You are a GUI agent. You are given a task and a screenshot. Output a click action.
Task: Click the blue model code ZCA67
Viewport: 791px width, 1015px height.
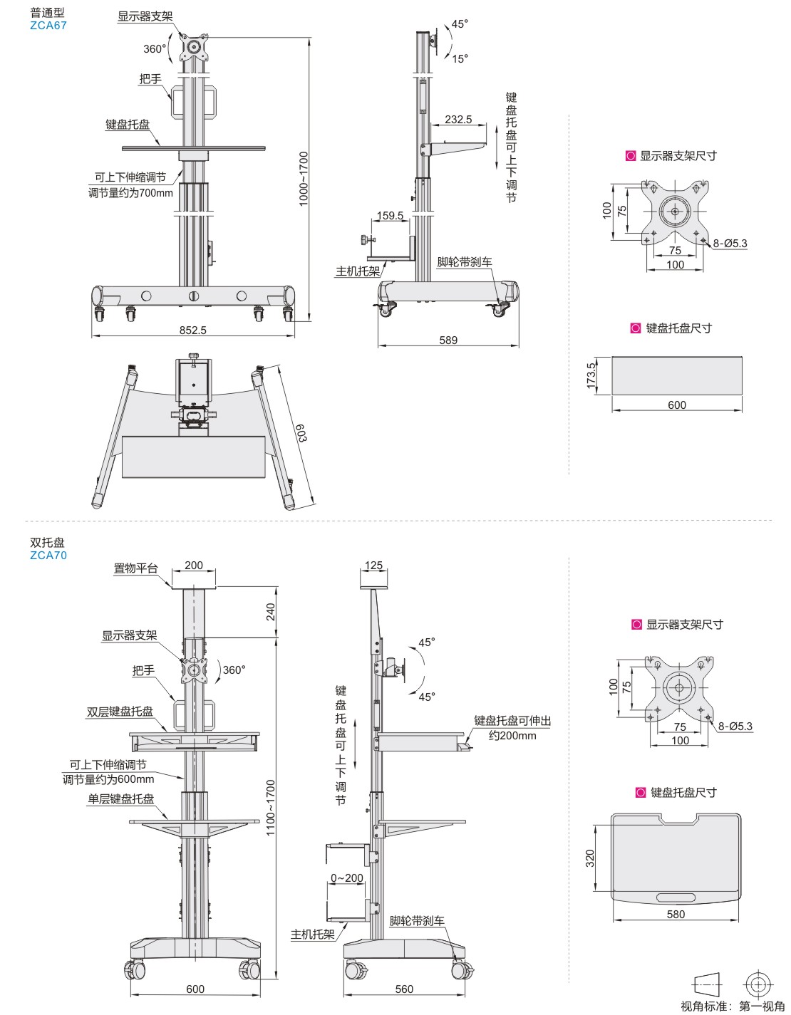48,25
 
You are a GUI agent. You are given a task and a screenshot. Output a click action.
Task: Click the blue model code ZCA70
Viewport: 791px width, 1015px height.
48,555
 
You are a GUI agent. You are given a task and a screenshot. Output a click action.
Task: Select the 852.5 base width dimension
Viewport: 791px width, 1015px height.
192,330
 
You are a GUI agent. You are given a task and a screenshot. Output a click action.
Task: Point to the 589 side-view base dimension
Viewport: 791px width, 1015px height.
448,340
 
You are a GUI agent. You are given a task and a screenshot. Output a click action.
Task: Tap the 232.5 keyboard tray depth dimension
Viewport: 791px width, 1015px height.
458,119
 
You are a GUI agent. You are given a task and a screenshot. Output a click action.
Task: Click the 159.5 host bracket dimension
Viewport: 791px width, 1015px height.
390,215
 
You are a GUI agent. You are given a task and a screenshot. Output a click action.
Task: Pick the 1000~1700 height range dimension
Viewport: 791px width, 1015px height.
304,179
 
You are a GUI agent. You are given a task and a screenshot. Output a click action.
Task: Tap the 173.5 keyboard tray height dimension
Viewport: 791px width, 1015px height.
591,375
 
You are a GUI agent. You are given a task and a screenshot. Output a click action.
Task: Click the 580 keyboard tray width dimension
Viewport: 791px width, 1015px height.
676,914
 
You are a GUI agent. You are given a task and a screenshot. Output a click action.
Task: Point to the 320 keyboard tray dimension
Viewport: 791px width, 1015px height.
590,858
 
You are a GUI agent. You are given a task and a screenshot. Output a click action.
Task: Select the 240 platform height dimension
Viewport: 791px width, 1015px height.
271,612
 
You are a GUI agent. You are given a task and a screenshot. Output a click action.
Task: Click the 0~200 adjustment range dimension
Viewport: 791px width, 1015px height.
347,878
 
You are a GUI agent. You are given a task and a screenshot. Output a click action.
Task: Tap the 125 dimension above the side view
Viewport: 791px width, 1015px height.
373,565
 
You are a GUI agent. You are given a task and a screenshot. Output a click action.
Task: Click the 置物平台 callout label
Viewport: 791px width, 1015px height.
135,568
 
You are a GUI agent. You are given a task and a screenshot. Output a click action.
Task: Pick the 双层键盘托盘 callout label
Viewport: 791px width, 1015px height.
120,711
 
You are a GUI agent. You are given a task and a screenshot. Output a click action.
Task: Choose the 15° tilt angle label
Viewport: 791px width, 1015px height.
460,58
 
